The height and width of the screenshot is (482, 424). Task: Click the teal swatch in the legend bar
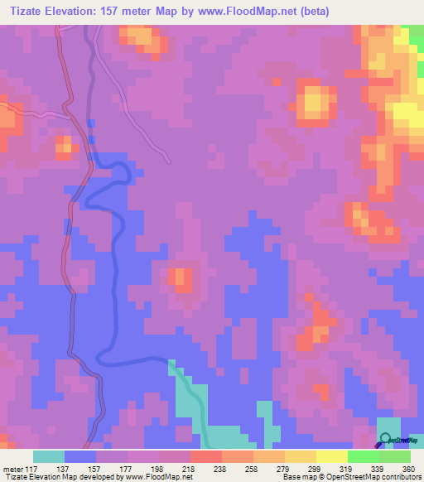[49, 456]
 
